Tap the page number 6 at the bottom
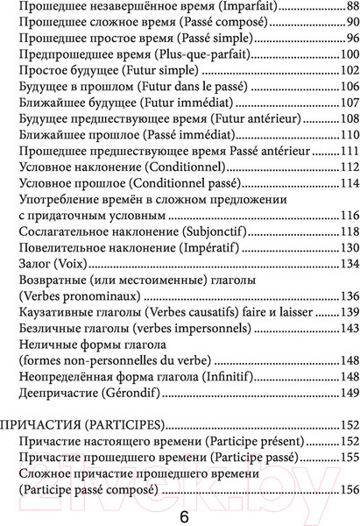click(x=183, y=515)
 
